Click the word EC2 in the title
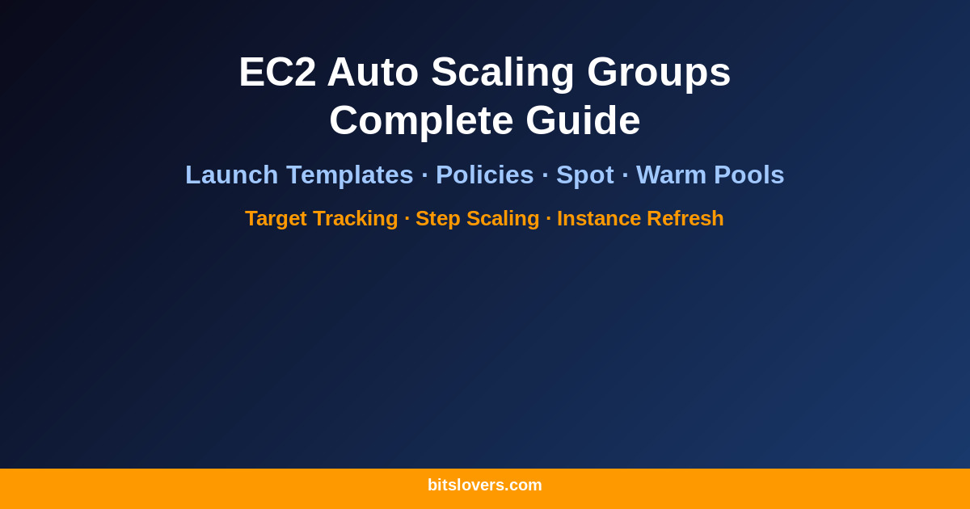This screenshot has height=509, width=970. pyautogui.click(x=277, y=72)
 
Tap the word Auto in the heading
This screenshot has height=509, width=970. pyautogui.click(x=373, y=72)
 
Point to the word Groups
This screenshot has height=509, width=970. pyautogui.click(x=659, y=72)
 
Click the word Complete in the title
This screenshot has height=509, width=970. pyautogui.click(x=421, y=120)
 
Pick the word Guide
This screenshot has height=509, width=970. pyautogui.click(x=583, y=120)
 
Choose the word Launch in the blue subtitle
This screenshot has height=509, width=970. pyautogui.click(x=232, y=175)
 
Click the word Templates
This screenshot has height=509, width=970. pyautogui.click(x=350, y=175)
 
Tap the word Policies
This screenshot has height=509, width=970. pyautogui.click(x=485, y=175)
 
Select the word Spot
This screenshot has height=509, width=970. pyautogui.click(x=585, y=175)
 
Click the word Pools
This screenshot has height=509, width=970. pyautogui.click(x=749, y=175)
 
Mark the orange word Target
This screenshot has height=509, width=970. pyautogui.click(x=276, y=219)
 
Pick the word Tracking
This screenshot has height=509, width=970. pyautogui.click(x=356, y=219)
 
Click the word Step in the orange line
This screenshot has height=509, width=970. pyautogui.click(x=438, y=219)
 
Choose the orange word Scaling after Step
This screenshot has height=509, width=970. pyautogui.click(x=503, y=219)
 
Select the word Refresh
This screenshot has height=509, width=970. pyautogui.click(x=685, y=219)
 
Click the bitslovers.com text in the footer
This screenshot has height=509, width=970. pyautogui.click(x=485, y=486)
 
